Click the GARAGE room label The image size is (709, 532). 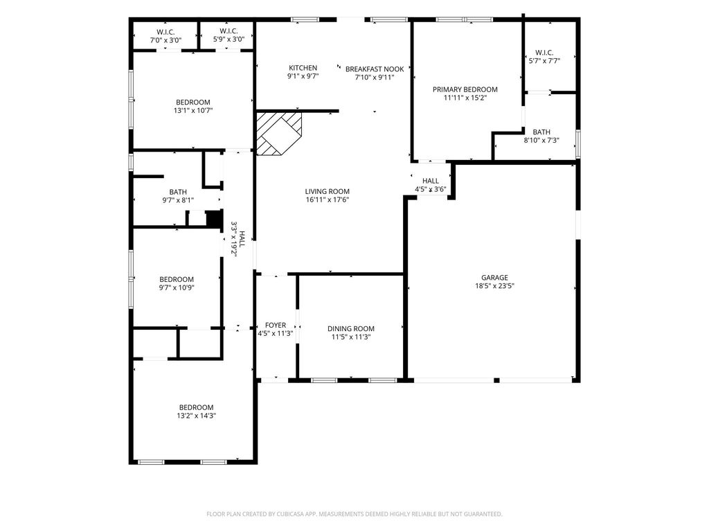tap(494, 277)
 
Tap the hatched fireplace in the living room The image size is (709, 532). tap(278, 134)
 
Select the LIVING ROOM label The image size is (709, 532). tap(327, 191)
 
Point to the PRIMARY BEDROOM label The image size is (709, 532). tap(465, 89)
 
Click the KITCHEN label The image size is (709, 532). tap(303, 68)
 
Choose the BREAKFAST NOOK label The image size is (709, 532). tap(375, 69)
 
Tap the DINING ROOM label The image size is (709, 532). tap(351, 329)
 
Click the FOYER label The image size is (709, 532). tap(276, 326)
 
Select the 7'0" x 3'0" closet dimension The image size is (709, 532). tap(166, 39)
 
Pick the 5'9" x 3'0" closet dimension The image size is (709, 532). tap(228, 39)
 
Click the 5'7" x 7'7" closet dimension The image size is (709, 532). tap(544, 61)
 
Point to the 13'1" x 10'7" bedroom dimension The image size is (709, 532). tap(193, 110)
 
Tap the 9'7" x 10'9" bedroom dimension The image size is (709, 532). tap(177, 287)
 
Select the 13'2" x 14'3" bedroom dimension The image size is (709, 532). tap(196, 416)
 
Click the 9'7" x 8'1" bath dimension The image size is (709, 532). tap(178, 200)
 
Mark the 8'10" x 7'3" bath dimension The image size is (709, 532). tap(541, 140)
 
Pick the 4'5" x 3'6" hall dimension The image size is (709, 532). tap(431, 189)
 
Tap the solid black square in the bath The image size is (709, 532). tap(215, 218)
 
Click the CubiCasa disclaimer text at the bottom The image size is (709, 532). tap(354, 514)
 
